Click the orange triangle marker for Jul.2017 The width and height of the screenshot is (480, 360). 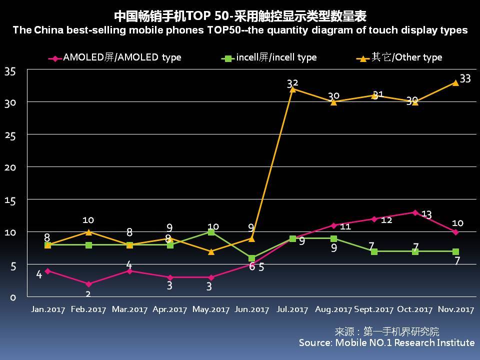pyautogui.click(x=293, y=89)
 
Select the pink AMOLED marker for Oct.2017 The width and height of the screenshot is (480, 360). pyautogui.click(x=415, y=212)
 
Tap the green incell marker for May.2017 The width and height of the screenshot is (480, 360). pyautogui.click(x=211, y=232)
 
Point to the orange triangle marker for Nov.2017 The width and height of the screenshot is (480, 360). pyautogui.click(x=455, y=82)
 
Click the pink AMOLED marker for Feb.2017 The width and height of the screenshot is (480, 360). pyautogui.click(x=88, y=284)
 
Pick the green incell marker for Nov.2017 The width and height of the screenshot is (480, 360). pyautogui.click(x=455, y=251)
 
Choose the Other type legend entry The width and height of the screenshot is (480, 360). pyautogui.click(x=399, y=57)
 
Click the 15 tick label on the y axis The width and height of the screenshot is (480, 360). pyautogui.click(x=10, y=200)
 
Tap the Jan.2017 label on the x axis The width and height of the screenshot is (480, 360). pyautogui.click(x=47, y=309)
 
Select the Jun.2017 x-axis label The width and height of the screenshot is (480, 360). pyautogui.click(x=252, y=309)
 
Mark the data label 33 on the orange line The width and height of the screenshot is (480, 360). pyautogui.click(x=465, y=78)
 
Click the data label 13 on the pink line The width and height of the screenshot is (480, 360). pyautogui.click(x=426, y=214)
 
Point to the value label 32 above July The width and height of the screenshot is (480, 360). pyautogui.click(x=293, y=83)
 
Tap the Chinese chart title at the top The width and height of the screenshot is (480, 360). pyautogui.click(x=240, y=16)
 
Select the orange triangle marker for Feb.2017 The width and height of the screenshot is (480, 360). pyautogui.click(x=88, y=232)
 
